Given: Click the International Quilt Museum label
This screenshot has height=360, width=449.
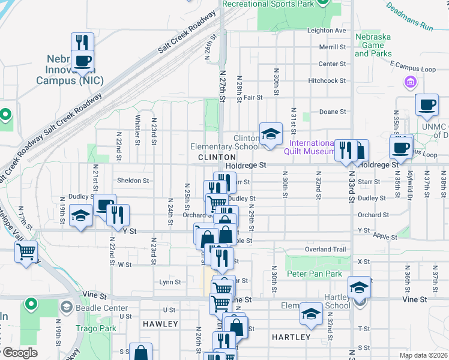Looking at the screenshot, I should [312, 147].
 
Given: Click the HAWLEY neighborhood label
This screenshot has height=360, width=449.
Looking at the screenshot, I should [160, 324].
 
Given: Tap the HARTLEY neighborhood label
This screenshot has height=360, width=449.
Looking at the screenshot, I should [291, 337].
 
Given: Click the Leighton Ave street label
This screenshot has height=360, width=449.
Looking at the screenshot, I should [327, 31].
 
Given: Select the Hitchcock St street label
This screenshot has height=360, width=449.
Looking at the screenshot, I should [327, 80].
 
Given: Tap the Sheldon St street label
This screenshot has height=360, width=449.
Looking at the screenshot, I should [133, 180].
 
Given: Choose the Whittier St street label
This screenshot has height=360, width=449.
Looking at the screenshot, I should [137, 130].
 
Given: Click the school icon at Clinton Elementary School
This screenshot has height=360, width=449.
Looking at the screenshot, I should [271, 133].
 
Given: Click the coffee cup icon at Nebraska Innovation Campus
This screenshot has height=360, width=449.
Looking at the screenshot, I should [82, 60].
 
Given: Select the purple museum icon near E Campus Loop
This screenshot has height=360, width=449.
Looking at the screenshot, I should [411, 82].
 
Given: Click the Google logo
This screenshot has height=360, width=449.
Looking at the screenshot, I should [20, 353].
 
